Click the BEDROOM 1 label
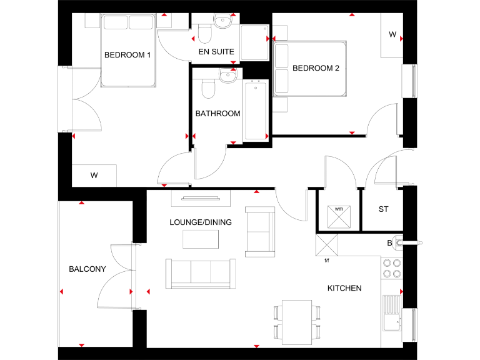127,55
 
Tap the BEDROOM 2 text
316,69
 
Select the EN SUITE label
216,52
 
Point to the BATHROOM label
217,114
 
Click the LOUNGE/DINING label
201,222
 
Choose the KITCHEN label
344,288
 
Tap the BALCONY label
87,269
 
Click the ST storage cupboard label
383,209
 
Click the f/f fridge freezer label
327,260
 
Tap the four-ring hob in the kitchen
391,268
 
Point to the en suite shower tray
254,43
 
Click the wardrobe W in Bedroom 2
392,35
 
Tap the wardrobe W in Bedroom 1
94,176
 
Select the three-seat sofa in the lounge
201,273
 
